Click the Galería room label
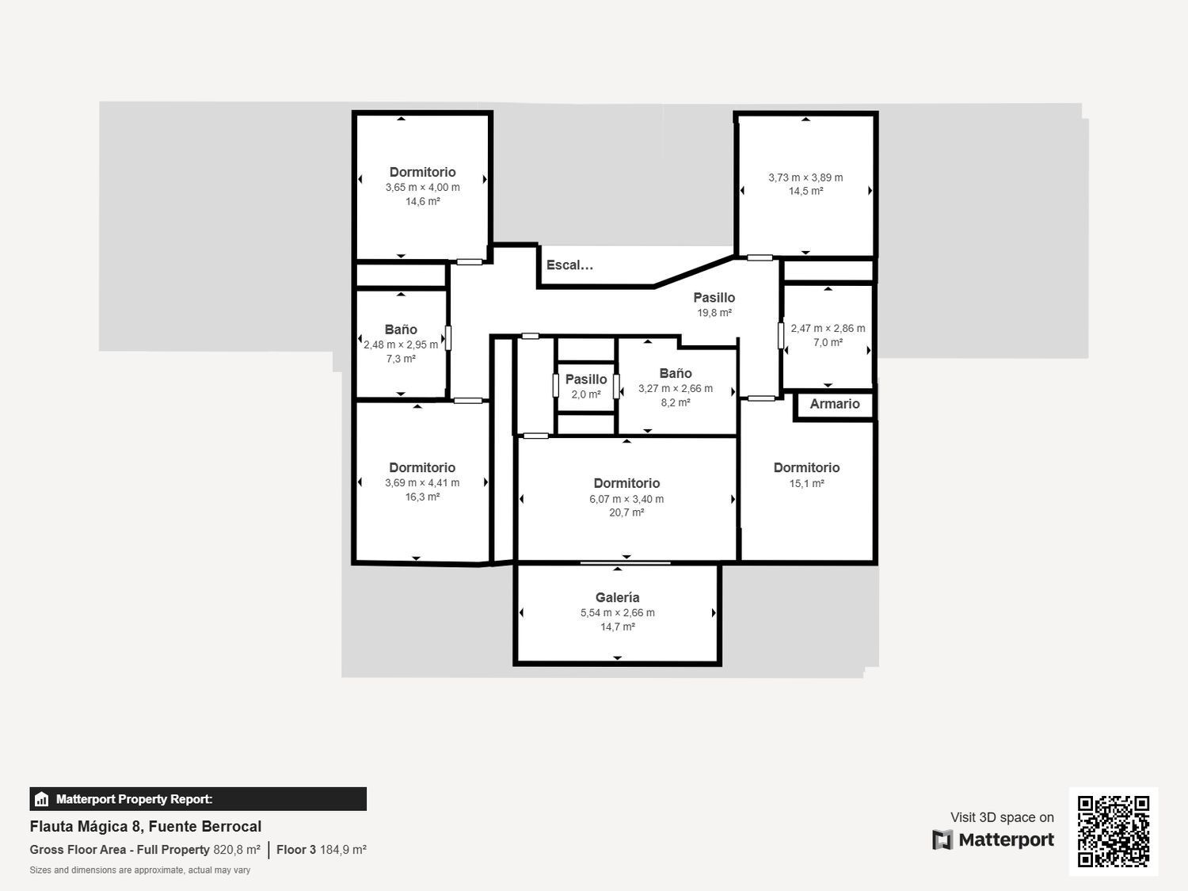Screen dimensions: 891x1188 (x=617, y=598)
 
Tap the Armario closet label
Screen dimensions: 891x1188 (x=834, y=404)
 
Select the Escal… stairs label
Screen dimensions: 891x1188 (x=569, y=265)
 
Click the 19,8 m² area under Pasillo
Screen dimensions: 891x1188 (x=714, y=313)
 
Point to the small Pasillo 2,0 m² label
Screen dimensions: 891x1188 (x=586, y=379)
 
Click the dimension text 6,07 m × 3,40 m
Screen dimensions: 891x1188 (x=626, y=499)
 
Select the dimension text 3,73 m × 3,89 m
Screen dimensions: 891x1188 (x=805, y=177)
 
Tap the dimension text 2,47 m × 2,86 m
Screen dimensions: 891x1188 (x=828, y=328)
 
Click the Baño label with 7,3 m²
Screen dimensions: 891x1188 (x=401, y=329)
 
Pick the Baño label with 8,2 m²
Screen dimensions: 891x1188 (x=676, y=373)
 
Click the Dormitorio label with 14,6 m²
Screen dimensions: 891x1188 (x=422, y=172)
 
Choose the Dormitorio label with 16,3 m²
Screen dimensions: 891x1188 (x=422, y=467)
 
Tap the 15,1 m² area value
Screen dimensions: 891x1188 (x=806, y=483)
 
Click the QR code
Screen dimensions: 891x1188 (x=1113, y=831)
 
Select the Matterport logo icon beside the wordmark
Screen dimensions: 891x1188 (x=942, y=840)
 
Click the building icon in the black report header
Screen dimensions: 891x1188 (x=42, y=799)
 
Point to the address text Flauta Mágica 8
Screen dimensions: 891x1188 (x=86, y=827)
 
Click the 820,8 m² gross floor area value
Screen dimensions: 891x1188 (x=237, y=850)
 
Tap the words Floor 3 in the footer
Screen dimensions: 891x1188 (x=296, y=850)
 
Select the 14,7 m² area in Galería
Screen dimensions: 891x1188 (x=617, y=626)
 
